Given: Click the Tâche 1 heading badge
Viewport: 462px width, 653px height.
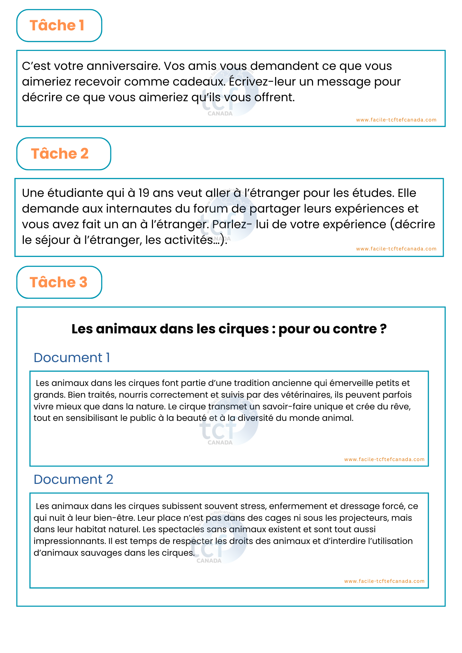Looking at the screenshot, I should (59, 25).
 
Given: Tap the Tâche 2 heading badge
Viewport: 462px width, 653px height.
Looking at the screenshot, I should (63, 154).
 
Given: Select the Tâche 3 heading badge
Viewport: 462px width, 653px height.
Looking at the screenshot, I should (59, 282).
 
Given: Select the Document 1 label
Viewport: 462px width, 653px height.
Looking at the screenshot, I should (72, 358).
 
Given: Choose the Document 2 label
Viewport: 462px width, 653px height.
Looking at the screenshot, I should (73, 480).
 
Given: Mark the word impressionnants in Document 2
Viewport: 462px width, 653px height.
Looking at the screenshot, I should (69, 541).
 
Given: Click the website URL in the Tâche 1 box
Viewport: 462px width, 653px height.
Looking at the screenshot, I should (396, 120).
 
